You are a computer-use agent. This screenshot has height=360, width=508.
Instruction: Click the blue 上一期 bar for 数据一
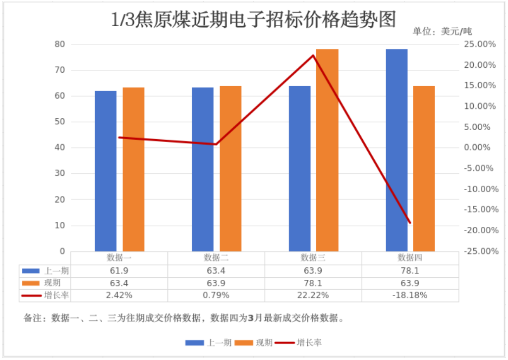coord(106,171)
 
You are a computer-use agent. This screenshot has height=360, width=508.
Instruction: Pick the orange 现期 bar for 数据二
coord(230,168)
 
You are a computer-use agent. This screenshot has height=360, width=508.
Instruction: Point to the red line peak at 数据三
coord(313,55)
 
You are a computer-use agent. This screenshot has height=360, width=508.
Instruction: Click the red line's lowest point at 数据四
coord(410,223)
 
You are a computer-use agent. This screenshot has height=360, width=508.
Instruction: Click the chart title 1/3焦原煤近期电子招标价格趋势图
coord(254,20)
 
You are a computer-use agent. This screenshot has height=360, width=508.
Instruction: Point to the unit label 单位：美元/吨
coord(442,32)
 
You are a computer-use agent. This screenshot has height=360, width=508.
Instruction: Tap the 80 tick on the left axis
coord(59,44)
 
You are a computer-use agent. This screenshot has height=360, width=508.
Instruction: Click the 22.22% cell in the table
coord(313,296)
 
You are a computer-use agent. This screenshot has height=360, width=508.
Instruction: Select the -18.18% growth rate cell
coord(410,296)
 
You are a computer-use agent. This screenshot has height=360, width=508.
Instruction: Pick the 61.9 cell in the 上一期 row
coord(119,271)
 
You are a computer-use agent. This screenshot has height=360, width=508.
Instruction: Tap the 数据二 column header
coord(216,258)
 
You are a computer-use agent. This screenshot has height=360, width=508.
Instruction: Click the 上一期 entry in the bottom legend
coord(219,342)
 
